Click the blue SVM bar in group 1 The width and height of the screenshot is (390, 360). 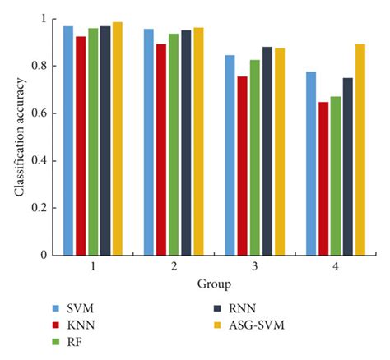coord(68,141)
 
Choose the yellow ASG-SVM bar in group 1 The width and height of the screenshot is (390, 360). coord(117,139)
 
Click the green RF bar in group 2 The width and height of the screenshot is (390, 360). coord(174,145)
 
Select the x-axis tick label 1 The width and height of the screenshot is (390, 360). coord(92,268)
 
